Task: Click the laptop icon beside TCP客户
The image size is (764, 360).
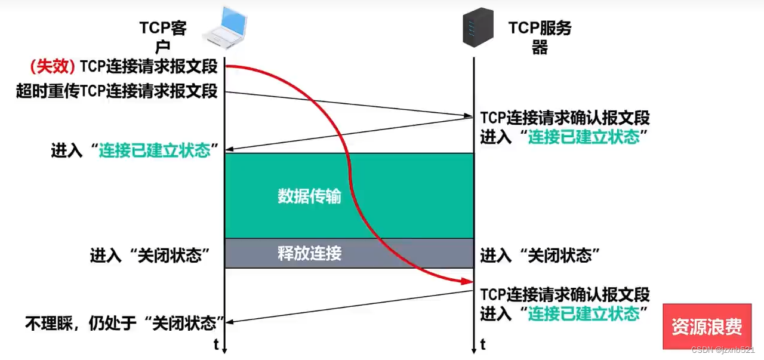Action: [226, 26]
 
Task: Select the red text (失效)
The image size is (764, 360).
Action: [53, 66]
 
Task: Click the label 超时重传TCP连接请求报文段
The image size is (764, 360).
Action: [117, 91]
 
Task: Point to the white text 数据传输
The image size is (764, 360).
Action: [309, 196]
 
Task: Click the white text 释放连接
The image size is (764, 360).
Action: [309, 253]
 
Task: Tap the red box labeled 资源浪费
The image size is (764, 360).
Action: [707, 327]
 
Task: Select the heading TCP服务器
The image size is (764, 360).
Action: [540, 37]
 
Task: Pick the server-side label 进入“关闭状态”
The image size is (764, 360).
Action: [540, 256]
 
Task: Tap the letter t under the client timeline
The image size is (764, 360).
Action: [216, 344]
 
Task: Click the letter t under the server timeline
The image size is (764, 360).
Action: [482, 344]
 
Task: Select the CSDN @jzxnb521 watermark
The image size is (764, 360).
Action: [723, 349]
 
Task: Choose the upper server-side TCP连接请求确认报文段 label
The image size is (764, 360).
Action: [565, 118]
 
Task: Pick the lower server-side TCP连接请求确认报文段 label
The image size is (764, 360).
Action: [565, 294]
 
